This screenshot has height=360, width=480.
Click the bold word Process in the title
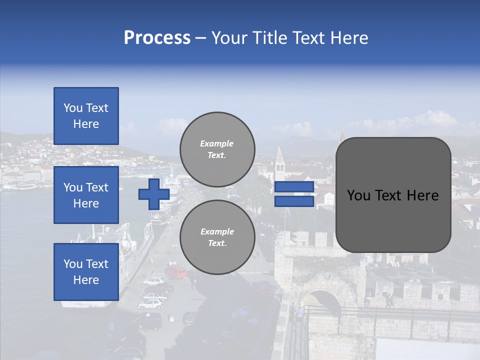157,38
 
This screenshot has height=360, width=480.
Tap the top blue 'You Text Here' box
86,116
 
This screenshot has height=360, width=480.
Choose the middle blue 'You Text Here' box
86,195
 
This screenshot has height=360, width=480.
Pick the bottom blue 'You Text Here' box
86,271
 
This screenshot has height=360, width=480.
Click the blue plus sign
154,194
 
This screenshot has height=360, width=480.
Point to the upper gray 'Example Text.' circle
217,149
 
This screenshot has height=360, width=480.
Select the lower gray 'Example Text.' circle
217,237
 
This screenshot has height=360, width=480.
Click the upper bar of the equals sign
294,187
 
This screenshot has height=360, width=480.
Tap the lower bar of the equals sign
294,201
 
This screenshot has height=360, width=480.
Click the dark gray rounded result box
393,195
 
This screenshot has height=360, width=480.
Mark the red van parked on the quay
175,271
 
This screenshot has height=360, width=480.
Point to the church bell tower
279,165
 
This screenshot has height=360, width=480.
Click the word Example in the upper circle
216,143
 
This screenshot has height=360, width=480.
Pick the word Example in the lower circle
216,231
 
